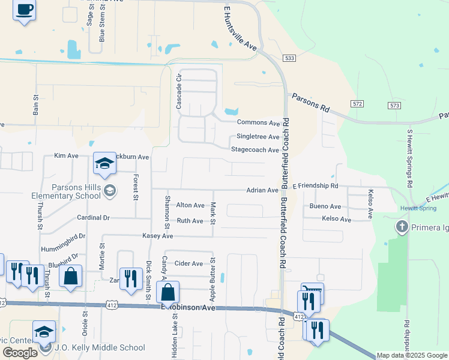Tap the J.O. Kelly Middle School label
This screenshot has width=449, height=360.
pos(100,347)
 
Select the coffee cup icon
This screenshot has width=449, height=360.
pos(25,10)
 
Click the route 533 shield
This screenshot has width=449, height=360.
pos(290,58)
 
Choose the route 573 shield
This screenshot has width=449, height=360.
pos(394,106)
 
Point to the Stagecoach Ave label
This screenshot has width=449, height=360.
pos(255,150)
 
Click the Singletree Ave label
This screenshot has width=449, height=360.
pos(258,137)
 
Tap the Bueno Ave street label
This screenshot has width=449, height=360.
pos(325,206)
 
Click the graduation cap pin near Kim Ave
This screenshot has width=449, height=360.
pos(104,164)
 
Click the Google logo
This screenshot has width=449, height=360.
pos(20,353)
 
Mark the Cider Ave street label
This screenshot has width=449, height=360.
pos(188,263)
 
